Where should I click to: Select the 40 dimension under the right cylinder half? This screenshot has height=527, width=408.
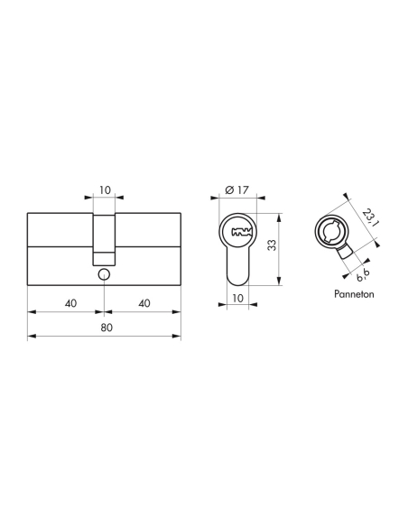[143, 302]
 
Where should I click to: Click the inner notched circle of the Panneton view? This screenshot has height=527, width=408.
[329, 230]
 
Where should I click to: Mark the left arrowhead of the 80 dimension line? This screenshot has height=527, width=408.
[32, 337]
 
